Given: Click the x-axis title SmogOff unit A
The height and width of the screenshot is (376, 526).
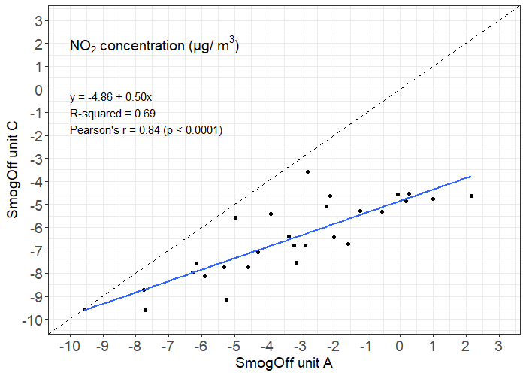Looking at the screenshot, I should coord(284,363).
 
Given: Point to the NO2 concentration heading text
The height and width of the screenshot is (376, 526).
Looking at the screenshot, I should coord(154,47).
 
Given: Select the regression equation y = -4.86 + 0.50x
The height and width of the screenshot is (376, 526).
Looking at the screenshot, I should coord(110,97).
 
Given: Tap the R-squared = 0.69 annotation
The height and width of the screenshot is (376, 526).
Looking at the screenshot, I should coord(112,114).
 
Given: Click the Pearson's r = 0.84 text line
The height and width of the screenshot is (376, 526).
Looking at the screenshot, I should coord(146,130).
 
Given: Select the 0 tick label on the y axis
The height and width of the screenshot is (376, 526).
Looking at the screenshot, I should coord(37,89).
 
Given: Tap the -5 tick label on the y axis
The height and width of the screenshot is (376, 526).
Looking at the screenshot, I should coord(34,205).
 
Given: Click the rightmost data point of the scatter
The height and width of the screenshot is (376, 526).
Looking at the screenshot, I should coord(471,196).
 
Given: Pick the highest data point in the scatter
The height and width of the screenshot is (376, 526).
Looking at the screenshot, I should coord(307,171).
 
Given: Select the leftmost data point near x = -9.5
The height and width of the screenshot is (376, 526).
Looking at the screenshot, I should coord(84,309).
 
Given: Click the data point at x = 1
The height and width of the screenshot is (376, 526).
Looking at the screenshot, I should coord(433,199).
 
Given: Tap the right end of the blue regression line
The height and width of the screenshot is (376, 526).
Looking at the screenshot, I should coord(471,177).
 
